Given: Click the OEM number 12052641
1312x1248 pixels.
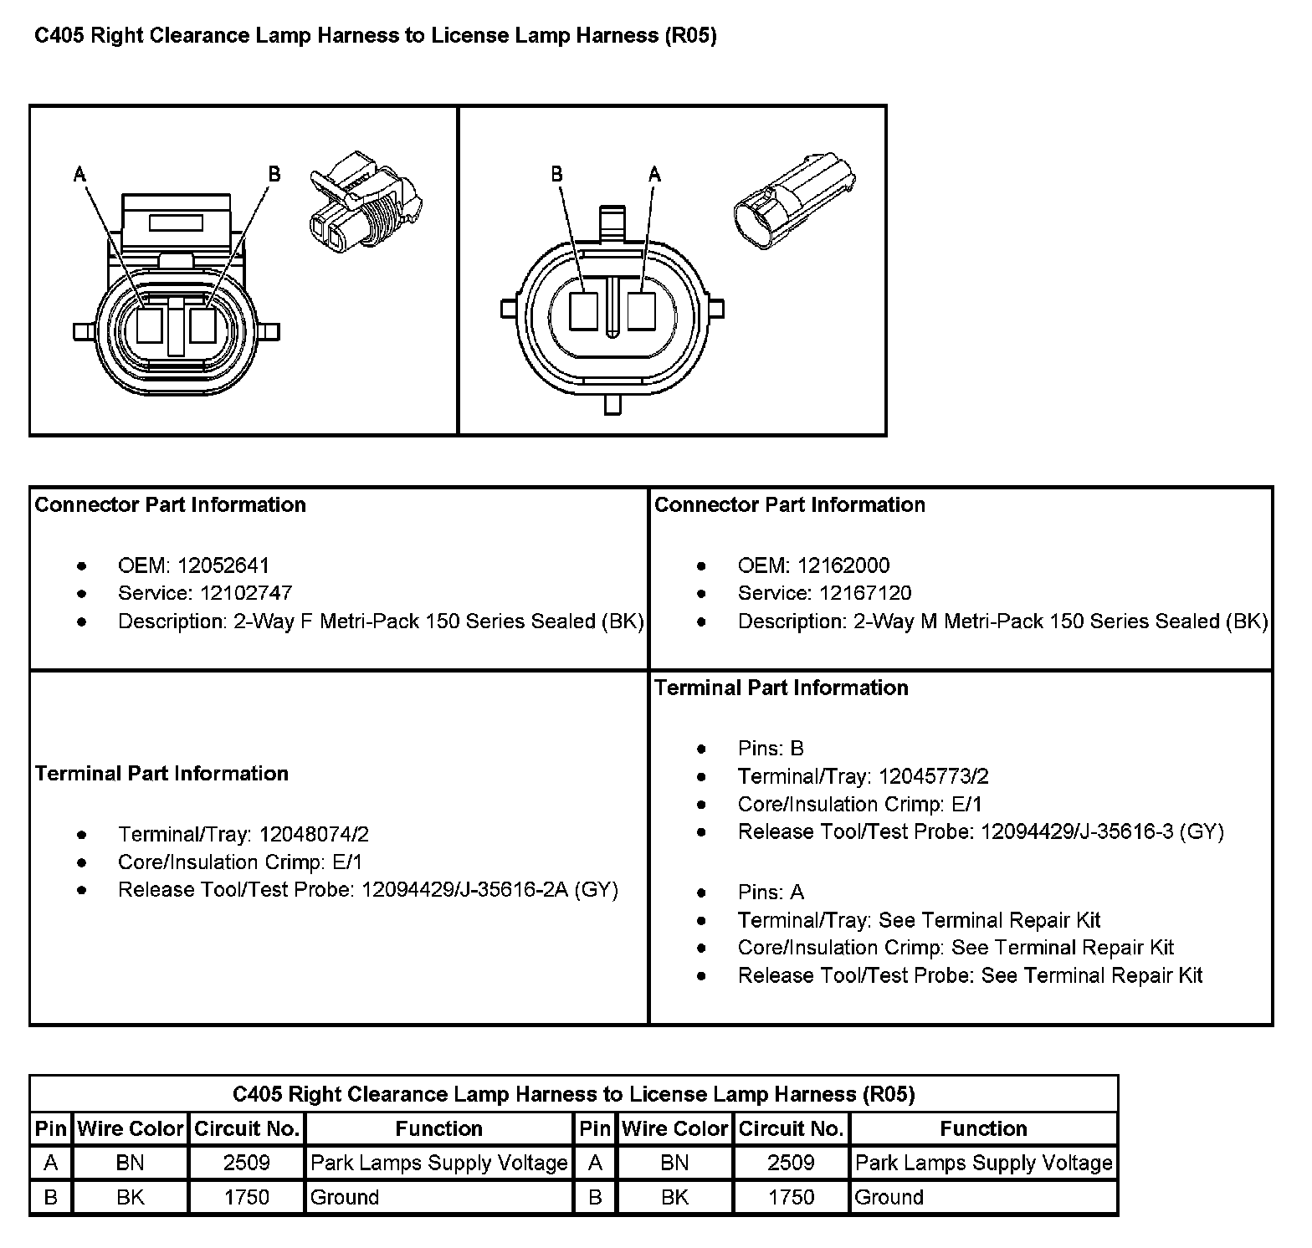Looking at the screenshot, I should [223, 565].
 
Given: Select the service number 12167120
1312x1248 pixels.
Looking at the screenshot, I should [865, 593].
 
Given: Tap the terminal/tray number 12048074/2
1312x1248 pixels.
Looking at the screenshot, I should [314, 834].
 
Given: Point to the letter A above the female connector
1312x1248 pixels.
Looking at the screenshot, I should [79, 174].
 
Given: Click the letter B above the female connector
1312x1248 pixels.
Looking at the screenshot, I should [274, 174].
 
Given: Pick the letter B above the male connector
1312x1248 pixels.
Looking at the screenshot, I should [556, 174].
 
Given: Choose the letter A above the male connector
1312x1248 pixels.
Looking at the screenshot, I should [654, 174].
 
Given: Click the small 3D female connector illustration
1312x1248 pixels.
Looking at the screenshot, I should [365, 202].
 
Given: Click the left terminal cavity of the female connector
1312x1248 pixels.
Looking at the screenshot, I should [149, 325].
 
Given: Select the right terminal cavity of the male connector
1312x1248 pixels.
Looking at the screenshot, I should [641, 311].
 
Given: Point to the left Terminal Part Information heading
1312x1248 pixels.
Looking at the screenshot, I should [161, 773].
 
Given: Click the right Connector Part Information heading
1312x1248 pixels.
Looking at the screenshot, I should [789, 504].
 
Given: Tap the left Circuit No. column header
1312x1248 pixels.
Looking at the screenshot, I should [247, 1128].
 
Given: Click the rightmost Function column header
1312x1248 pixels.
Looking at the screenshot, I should [983, 1128].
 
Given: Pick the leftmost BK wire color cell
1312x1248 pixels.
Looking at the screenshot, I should [131, 1197].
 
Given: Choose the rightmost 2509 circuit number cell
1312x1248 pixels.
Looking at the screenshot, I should [791, 1163].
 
